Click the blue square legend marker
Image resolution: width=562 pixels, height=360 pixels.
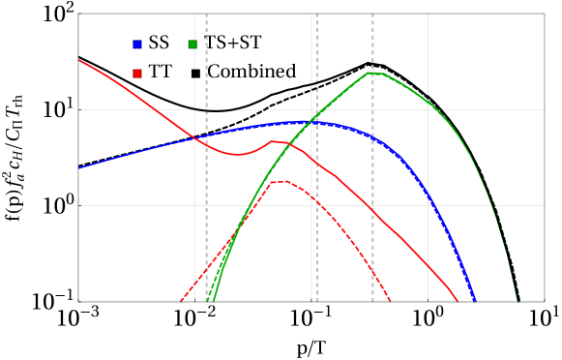(x=137, y=45)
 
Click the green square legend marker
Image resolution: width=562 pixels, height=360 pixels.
(x=192, y=45)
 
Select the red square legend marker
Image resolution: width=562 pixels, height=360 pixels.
(x=137, y=74)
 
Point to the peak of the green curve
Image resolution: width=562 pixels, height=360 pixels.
(x=371, y=73)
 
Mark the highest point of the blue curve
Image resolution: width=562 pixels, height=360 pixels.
(x=308, y=122)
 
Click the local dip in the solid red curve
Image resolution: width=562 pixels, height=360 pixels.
(x=238, y=154)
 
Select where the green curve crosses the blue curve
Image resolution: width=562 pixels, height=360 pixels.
(x=312, y=122)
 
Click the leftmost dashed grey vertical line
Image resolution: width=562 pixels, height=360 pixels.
(x=206, y=194)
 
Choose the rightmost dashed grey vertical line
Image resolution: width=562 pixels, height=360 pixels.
(x=372, y=194)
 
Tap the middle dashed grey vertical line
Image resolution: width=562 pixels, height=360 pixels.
(x=316, y=194)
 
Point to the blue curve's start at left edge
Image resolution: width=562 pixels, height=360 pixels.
(x=79, y=168)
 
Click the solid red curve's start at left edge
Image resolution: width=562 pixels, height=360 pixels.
(x=79, y=59)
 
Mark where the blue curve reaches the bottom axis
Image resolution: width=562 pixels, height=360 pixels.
(x=475, y=301)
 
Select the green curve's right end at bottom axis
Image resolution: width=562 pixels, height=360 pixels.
(x=518, y=301)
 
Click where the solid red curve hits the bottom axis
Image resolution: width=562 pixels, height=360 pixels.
(x=458, y=301)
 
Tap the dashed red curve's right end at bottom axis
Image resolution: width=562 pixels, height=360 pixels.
(x=391, y=301)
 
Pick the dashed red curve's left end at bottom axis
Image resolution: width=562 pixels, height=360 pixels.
(x=181, y=301)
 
